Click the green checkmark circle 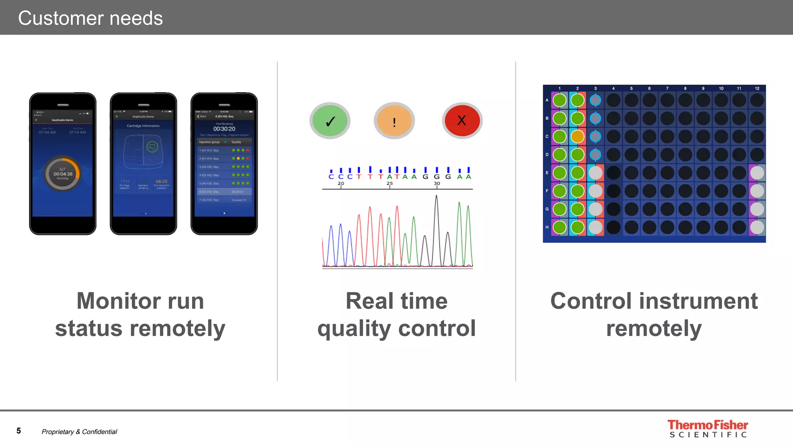pos(330,121)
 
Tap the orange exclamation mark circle pos(394,121)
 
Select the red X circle pos(462,120)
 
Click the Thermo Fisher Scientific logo pos(708,429)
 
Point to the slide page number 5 pos(19,431)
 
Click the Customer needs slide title pos(91,18)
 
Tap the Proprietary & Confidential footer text pos(79,432)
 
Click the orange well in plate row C pos(577,136)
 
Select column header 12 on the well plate pos(757,89)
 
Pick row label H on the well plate pos(547,227)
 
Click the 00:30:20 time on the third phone pos(224,129)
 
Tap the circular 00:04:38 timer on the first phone pos(63,174)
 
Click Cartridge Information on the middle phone pos(143,126)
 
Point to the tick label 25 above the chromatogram pos(390,184)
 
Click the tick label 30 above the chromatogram pos(437,184)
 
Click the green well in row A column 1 pos(560,100)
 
